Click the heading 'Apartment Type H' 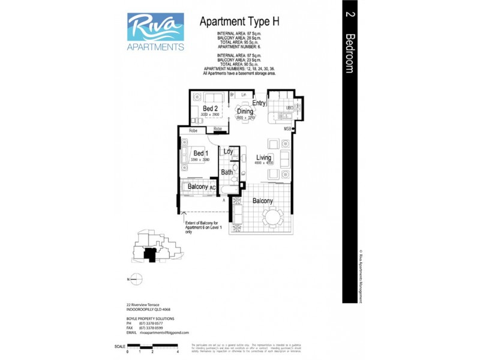pyautogui.click(x=239, y=22)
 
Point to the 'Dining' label pyautogui.click(x=245, y=111)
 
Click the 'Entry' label pyautogui.click(x=259, y=103)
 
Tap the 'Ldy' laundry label pyautogui.click(x=228, y=152)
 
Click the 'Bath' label pyautogui.click(x=227, y=172)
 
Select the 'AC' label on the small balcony pyautogui.click(x=212, y=188)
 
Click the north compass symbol pyautogui.click(x=137, y=279)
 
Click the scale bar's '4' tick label pyautogui.click(x=179, y=352)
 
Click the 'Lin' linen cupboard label pyautogui.click(x=244, y=95)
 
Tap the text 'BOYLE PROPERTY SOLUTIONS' pyautogui.click(x=150, y=318)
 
